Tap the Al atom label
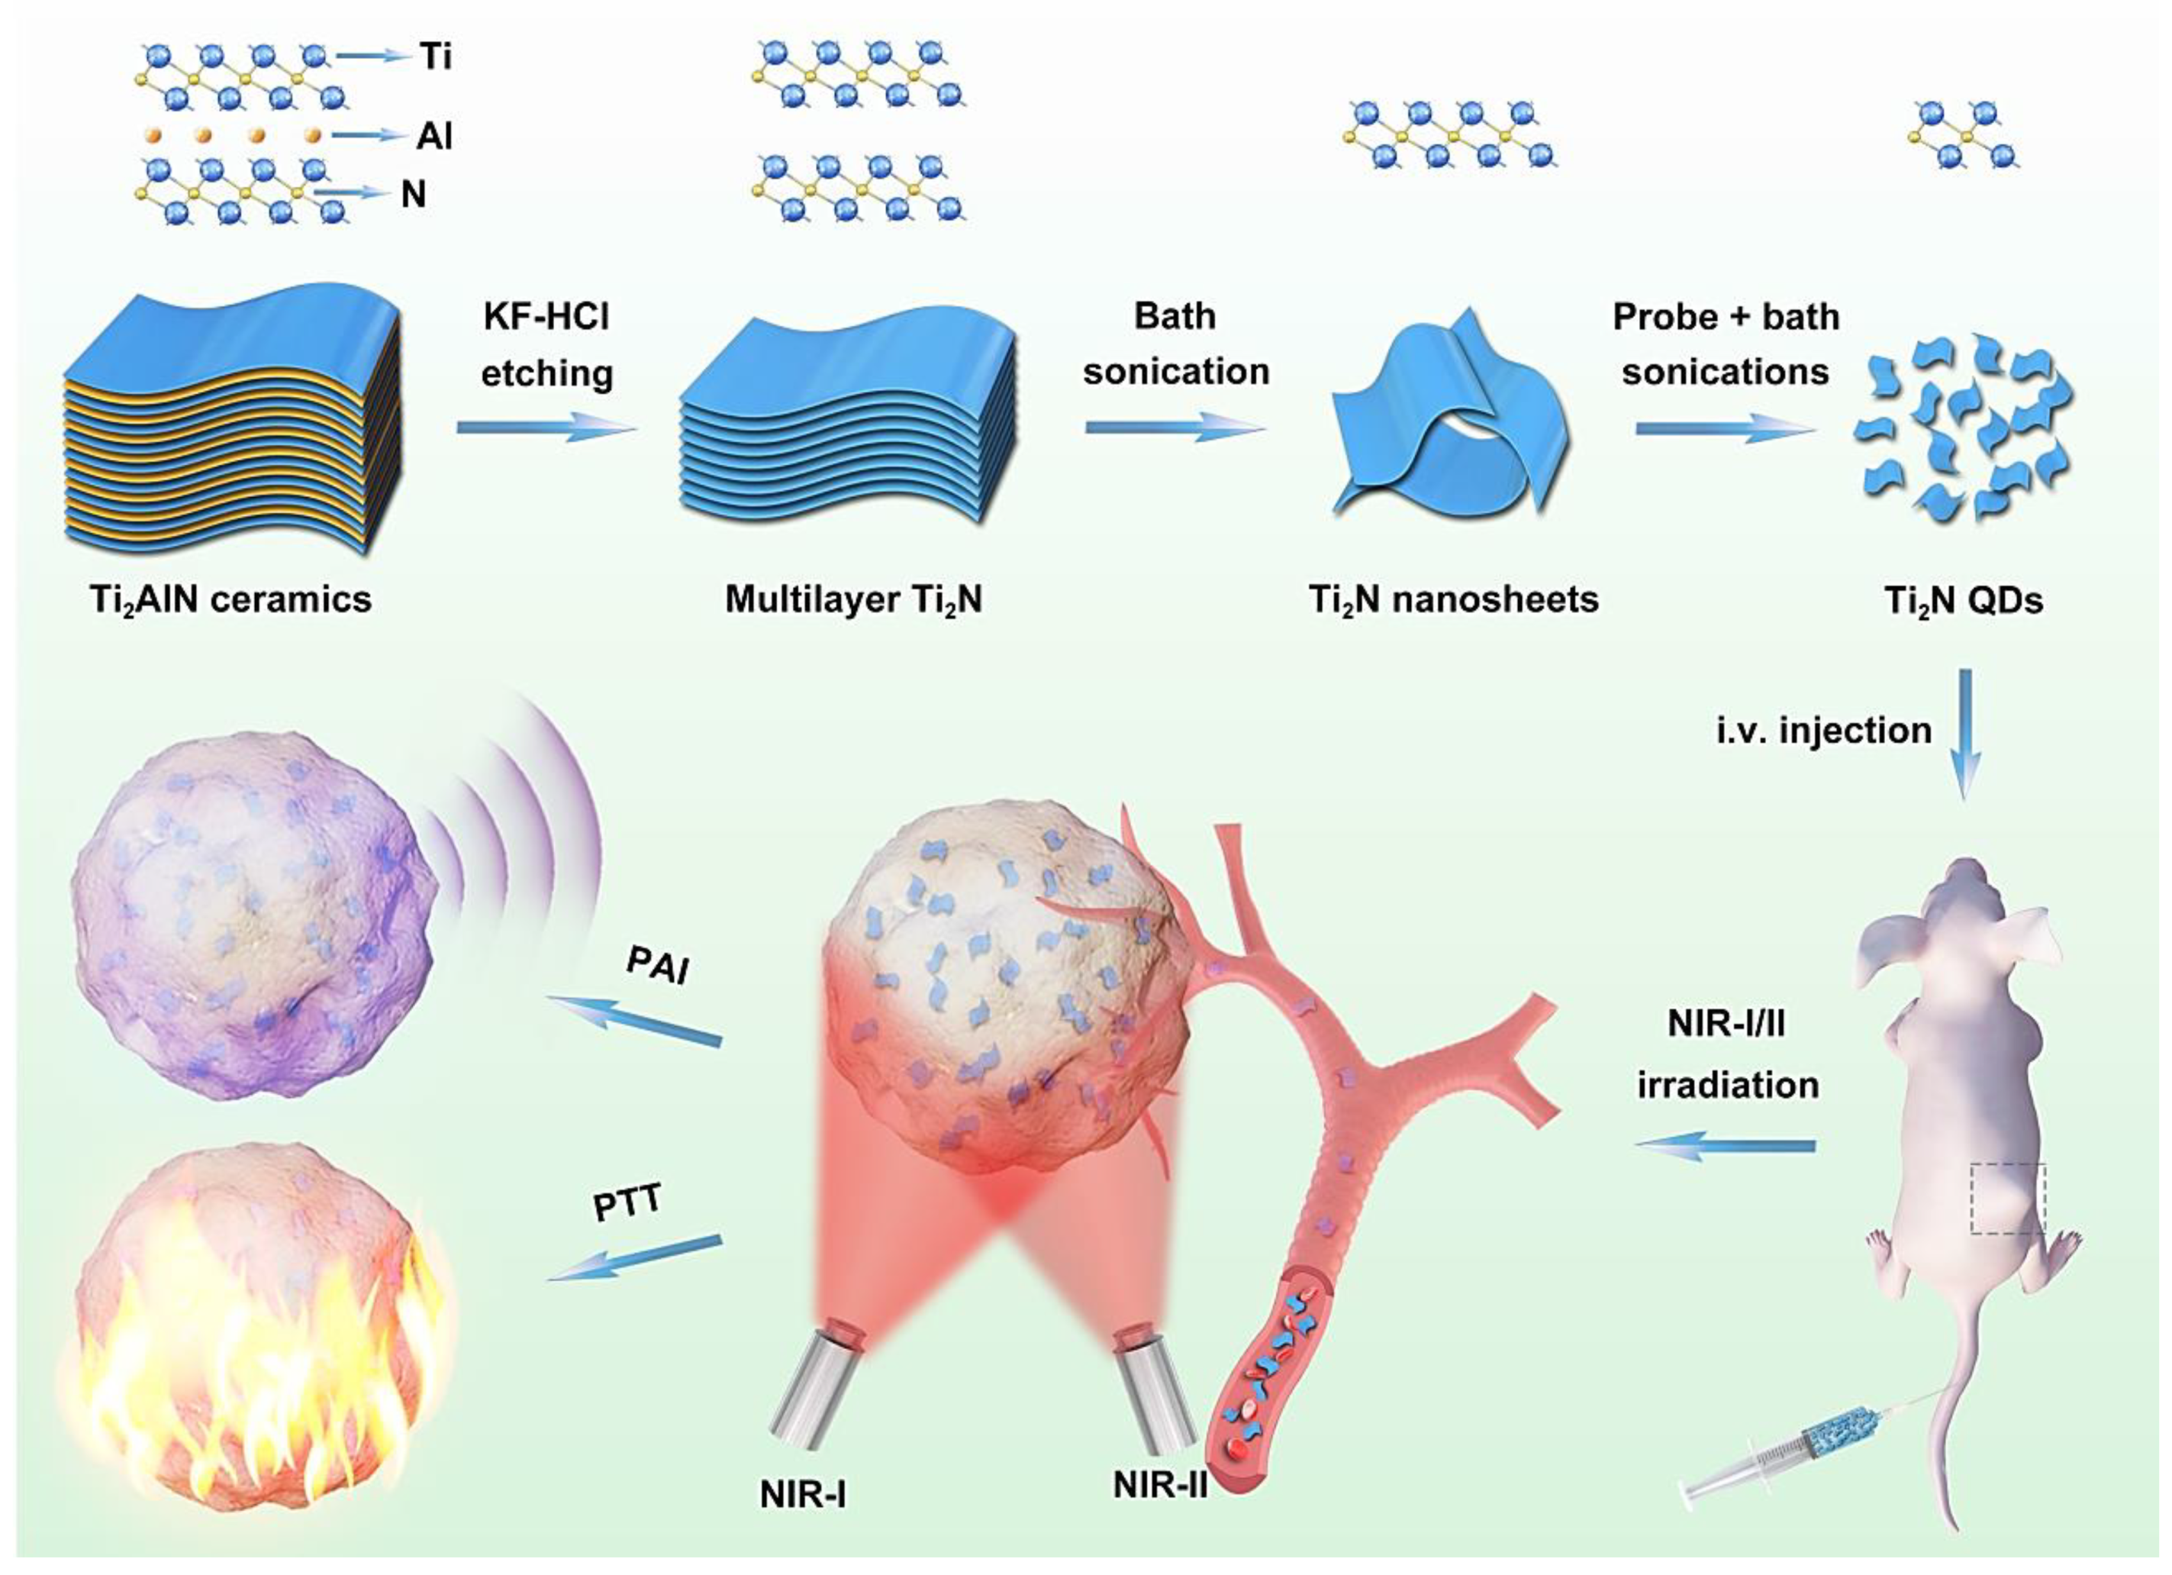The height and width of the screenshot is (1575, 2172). click(433, 136)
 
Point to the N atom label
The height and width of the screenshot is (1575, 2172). click(413, 195)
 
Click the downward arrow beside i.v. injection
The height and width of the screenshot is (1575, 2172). click(1965, 733)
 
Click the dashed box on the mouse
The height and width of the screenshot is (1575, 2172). click(2007, 1199)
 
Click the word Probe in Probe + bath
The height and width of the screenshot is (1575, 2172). click(1664, 317)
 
